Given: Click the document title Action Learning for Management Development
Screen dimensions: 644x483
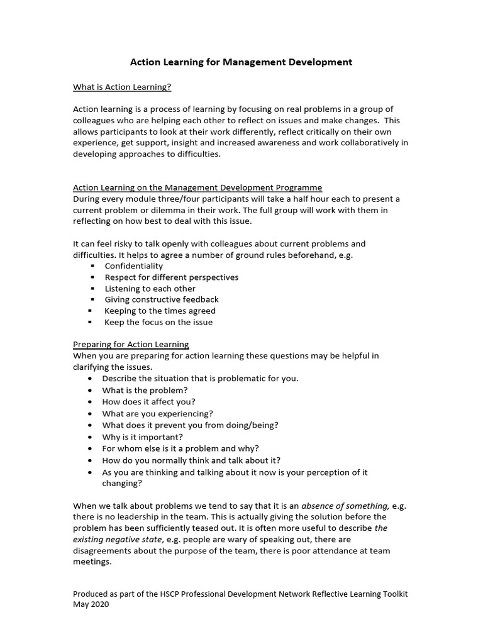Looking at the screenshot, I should coord(241,62).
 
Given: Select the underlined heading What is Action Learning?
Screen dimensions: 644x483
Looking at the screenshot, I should coord(122,86).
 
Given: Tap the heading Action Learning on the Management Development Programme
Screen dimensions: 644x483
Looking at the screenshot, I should coord(197,187).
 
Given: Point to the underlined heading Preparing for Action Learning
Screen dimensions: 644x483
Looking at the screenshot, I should coord(131,344).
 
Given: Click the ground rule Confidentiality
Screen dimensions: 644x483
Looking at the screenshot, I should coord(133,266).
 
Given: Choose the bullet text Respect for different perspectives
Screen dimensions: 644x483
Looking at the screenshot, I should coord(171,277).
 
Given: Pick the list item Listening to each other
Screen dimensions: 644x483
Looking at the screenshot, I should coord(150,289).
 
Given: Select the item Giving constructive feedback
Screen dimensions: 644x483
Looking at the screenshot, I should coord(162,300).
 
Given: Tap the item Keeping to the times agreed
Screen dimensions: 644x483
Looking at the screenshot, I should coord(160,311).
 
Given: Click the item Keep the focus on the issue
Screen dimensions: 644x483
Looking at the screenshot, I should coord(158,323).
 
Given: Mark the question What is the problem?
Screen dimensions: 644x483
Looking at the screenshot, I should coord(145,390).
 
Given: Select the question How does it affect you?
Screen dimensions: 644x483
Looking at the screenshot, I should coord(148,401).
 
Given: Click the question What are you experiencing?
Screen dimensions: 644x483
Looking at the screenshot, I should coord(157,413).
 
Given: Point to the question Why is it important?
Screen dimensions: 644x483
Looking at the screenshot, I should coord(142,436).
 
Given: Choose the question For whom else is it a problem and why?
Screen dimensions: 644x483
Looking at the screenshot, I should coord(180,448).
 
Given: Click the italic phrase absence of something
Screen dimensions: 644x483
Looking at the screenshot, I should coord(345,506).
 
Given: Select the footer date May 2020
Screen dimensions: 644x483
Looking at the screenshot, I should coord(91,605).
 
